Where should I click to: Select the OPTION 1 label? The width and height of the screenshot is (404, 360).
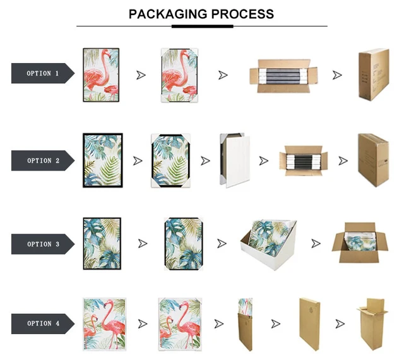click(x=42, y=74)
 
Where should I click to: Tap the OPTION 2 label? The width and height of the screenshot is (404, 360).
click(x=42, y=160)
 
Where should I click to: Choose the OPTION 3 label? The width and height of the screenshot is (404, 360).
click(x=42, y=244)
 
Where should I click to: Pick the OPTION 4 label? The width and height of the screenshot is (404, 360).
click(x=42, y=323)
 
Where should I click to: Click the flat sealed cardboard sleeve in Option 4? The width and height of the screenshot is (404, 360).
click(x=309, y=323)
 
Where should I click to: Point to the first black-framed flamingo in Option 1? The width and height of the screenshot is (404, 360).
click(x=101, y=75)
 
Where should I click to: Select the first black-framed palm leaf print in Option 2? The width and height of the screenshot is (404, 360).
click(x=102, y=160)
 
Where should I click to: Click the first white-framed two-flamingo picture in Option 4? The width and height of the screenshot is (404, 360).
click(x=102, y=323)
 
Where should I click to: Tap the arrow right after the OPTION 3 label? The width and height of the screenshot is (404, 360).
click(x=143, y=244)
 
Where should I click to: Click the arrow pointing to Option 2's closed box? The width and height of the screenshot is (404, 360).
click(x=343, y=161)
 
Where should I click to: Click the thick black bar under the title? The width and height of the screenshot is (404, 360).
click(x=202, y=27)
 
